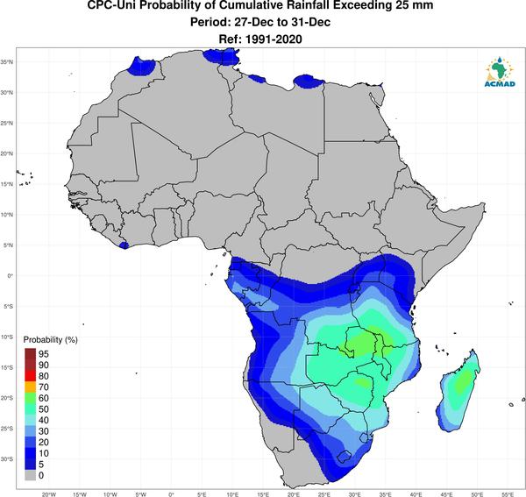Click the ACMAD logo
click(x=500, y=72)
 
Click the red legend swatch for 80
click(x=30, y=376)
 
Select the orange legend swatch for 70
click(x=30, y=387)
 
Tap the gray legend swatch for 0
click(x=30, y=475)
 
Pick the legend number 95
click(x=44, y=354)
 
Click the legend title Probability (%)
click(x=50, y=340)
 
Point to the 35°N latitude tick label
click(x=7, y=62)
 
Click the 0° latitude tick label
click(x=10, y=275)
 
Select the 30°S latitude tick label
click(x=7, y=458)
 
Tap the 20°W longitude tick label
click(x=49, y=494)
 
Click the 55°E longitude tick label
click(x=508, y=494)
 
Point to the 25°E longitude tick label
click(x=324, y=494)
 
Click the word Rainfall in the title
click(x=303, y=5)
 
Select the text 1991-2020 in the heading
click(x=274, y=39)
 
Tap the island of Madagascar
click(x=458, y=391)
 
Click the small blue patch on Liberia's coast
click(x=124, y=245)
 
